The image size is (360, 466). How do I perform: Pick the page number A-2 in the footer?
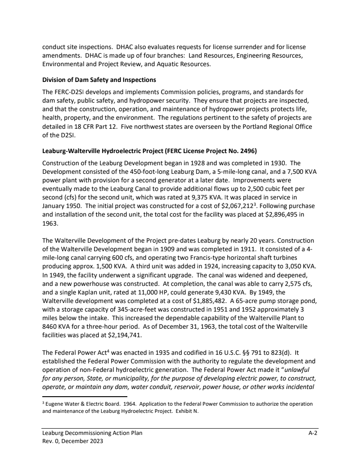coord(313,433)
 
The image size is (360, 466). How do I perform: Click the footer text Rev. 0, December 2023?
coord(72,441)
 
